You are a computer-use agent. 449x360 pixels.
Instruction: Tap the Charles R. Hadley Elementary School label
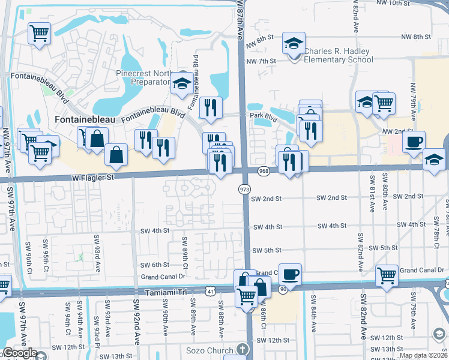pyautogui.click(x=339, y=55)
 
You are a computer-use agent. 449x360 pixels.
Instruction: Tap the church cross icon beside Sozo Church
pyautogui.click(x=241, y=349)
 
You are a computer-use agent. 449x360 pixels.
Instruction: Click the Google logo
pyautogui.click(x=20, y=353)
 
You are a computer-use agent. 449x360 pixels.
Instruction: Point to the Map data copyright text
pyautogui.click(x=423, y=355)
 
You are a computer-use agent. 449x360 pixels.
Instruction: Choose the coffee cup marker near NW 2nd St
pyautogui.click(x=414, y=142)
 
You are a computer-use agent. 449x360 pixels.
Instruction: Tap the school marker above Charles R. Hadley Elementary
pyautogui.click(x=294, y=44)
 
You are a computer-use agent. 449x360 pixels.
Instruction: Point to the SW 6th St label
pyautogui.click(x=155, y=265)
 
